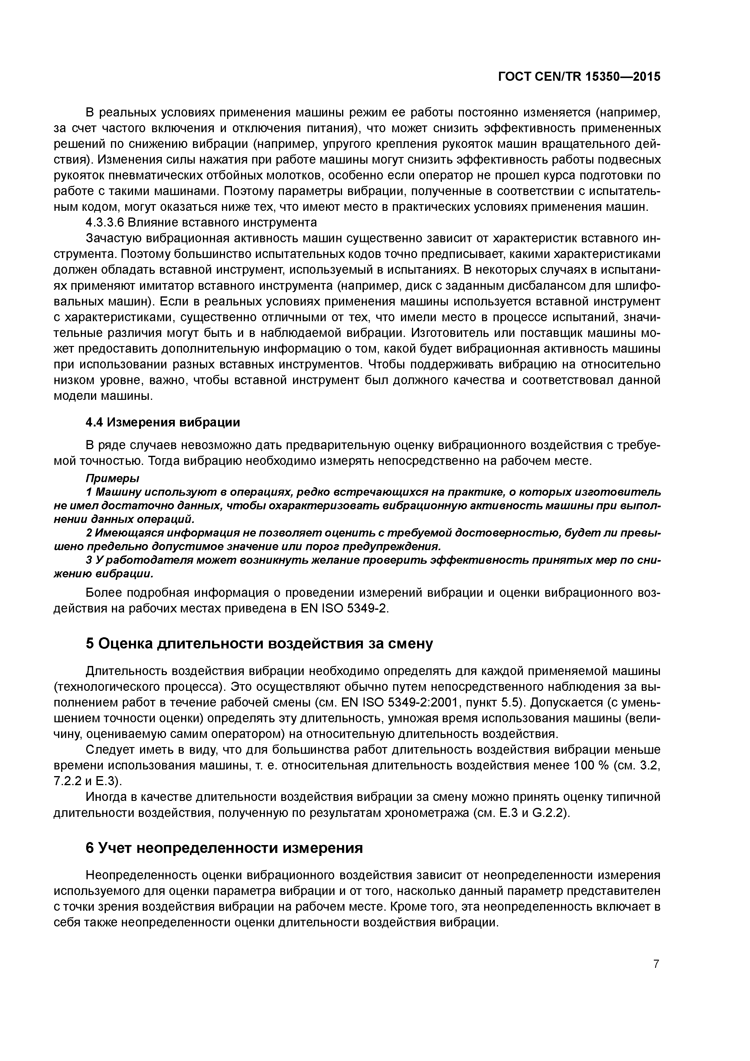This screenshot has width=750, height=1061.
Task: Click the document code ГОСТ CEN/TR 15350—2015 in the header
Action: click(579, 77)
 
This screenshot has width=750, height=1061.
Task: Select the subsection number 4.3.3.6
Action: click(105, 223)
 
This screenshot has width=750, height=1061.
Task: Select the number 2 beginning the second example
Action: click(89, 533)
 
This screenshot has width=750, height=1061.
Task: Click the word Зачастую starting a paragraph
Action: click(114, 239)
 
